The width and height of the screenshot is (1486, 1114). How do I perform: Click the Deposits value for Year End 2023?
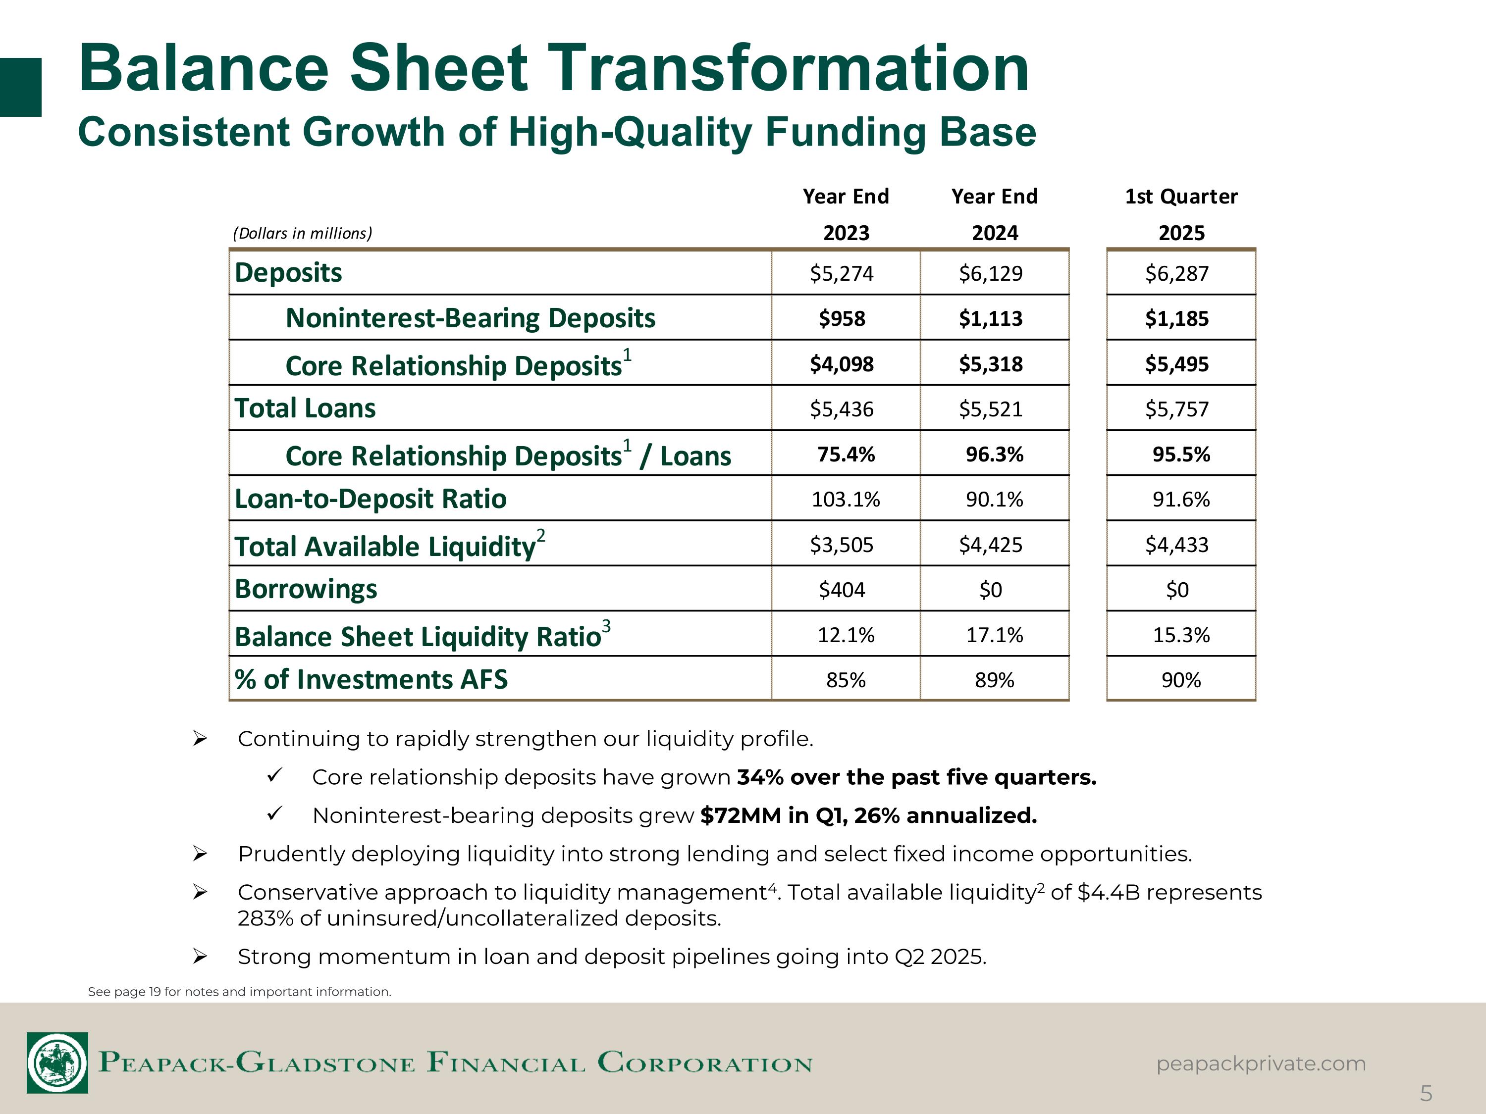click(842, 273)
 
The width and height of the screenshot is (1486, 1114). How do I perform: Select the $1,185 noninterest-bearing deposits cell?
click(1177, 318)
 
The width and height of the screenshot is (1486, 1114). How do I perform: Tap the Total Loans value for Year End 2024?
click(991, 409)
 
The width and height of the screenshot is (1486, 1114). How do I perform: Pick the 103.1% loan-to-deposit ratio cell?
click(846, 500)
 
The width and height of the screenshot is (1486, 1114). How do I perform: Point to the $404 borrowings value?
click(842, 590)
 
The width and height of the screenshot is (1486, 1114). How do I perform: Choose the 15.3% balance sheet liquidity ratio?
click(1181, 635)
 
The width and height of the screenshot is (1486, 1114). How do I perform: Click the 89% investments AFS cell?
click(994, 680)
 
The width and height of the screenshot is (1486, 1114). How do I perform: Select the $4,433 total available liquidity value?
click(1177, 545)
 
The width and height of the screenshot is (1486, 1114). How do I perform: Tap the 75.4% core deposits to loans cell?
click(846, 455)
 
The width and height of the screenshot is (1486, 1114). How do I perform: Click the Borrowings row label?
click(306, 589)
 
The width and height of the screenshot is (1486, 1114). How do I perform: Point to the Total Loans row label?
click(305, 408)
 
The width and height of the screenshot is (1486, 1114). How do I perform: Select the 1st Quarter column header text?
click(1181, 196)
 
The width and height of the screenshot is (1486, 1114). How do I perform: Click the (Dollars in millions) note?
click(302, 233)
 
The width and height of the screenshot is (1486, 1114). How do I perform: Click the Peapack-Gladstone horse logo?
click(57, 1063)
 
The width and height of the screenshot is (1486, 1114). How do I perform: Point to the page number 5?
click(1426, 1094)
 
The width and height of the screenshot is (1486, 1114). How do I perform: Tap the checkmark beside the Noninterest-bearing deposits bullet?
click(274, 814)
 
